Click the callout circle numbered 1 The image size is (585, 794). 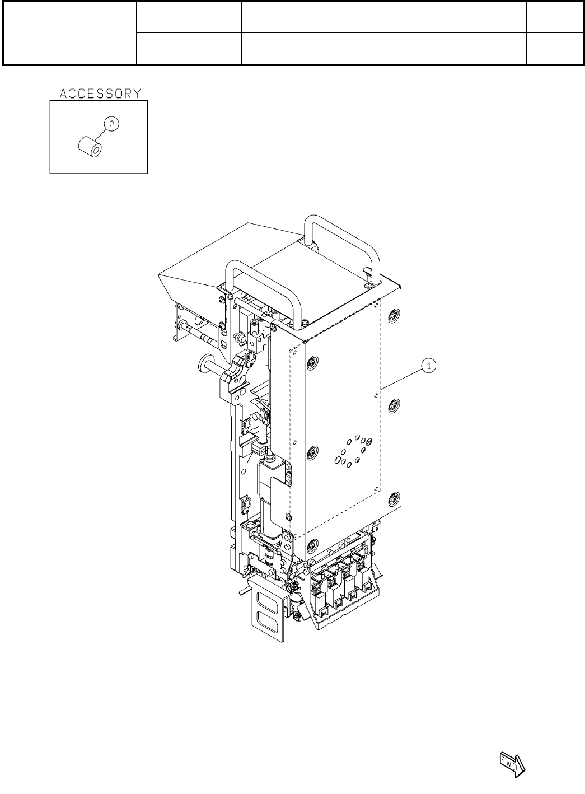pyautogui.click(x=429, y=365)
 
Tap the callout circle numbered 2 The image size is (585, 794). pyautogui.click(x=111, y=124)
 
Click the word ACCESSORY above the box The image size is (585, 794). pyautogui.click(x=100, y=94)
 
